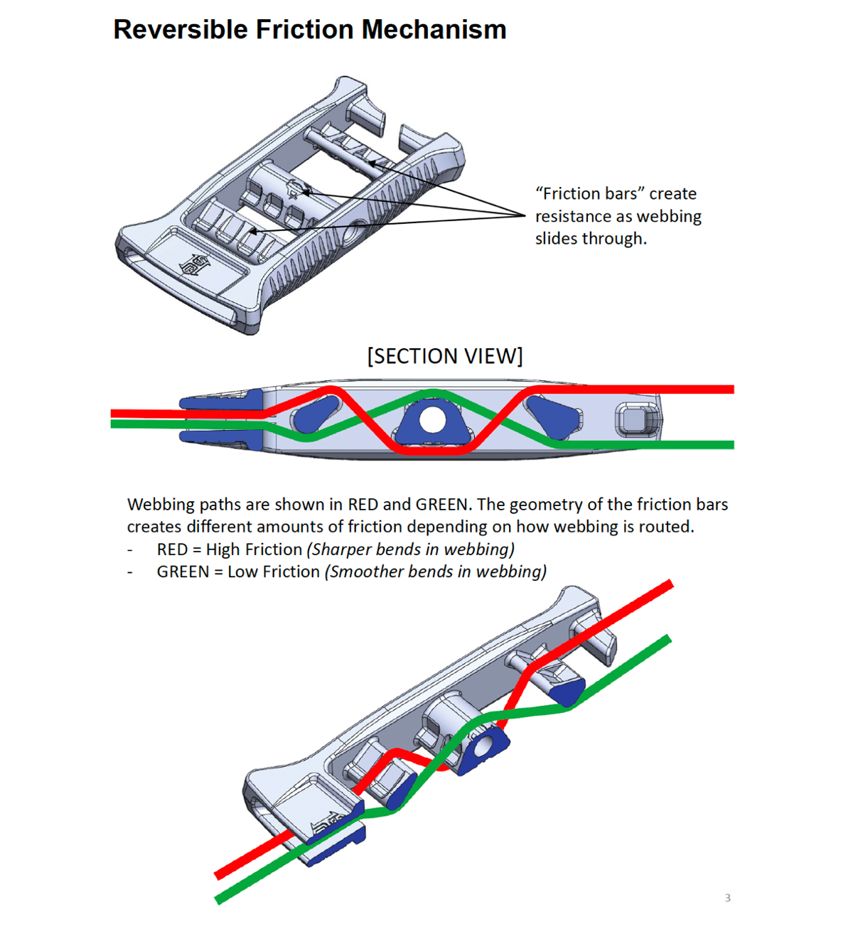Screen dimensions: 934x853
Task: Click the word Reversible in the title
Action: pyautogui.click(x=181, y=30)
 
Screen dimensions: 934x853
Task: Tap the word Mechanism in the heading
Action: pyautogui.click(x=434, y=30)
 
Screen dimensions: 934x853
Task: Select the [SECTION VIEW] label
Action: pyautogui.click(x=445, y=355)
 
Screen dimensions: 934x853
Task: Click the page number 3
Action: pyautogui.click(x=727, y=898)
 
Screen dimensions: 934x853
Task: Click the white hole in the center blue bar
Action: pyautogui.click(x=431, y=420)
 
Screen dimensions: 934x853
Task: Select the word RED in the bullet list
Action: pyautogui.click(x=172, y=549)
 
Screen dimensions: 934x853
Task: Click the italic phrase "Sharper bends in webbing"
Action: pyautogui.click(x=411, y=549)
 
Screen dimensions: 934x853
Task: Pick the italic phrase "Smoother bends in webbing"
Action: pyautogui.click(x=436, y=572)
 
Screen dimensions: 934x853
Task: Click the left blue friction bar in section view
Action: pyautogui.click(x=315, y=414)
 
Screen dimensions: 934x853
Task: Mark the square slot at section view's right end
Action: pyautogui.click(x=631, y=419)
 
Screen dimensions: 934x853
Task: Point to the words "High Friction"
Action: pyautogui.click(x=254, y=549)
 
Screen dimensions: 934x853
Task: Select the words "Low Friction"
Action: pyautogui.click(x=274, y=572)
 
